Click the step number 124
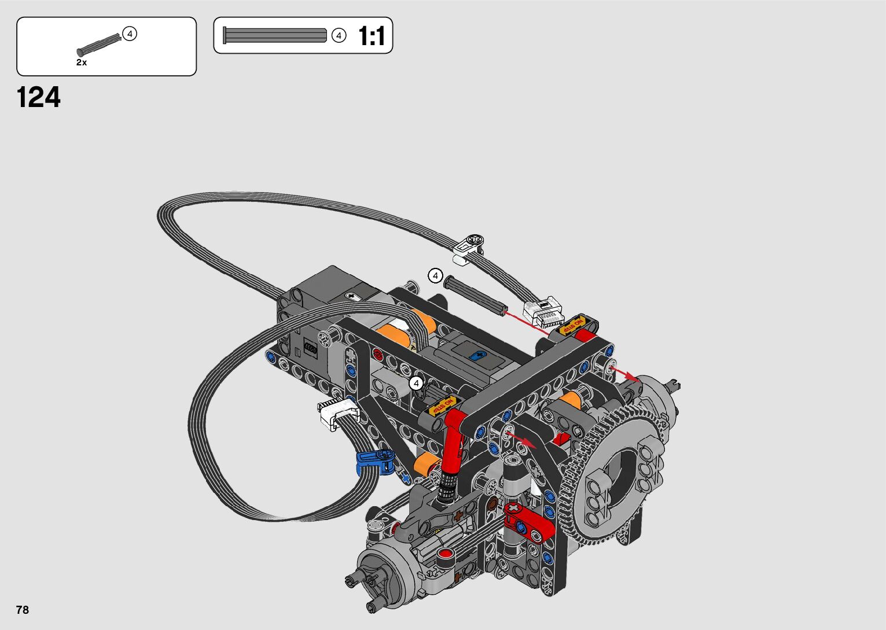38,97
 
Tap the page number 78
23,609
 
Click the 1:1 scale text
371,36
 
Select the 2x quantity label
82,62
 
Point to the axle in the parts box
99,45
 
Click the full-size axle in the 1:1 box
274,35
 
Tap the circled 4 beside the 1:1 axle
339,36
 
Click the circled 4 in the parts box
129,34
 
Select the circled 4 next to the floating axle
436,275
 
